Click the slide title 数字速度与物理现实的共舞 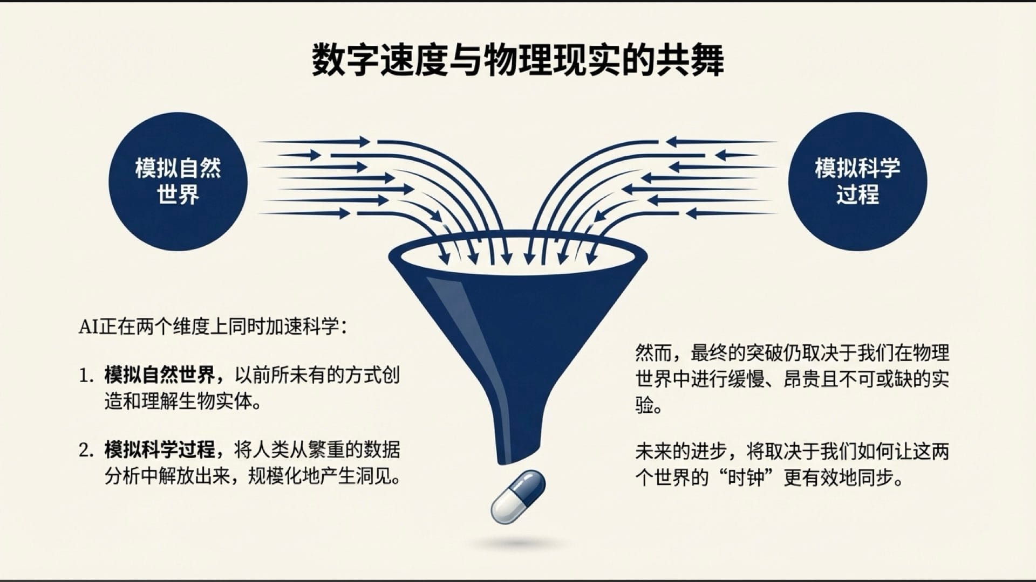click(x=518, y=60)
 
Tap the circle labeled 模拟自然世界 click(x=178, y=181)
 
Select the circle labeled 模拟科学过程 click(x=857, y=181)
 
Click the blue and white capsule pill click(x=518, y=496)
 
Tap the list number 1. click(x=86, y=376)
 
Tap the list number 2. click(x=86, y=451)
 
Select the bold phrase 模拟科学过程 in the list click(x=160, y=450)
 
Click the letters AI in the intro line click(x=87, y=327)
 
